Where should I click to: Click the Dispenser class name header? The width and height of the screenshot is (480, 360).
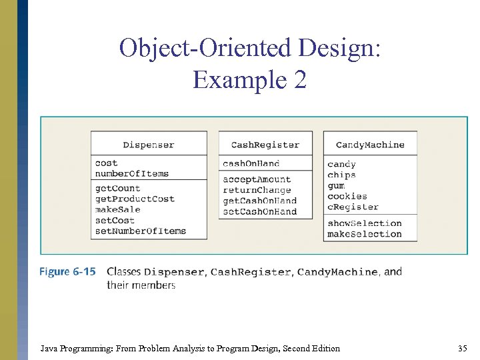click(x=149, y=145)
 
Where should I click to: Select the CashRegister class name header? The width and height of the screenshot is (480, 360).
click(x=265, y=145)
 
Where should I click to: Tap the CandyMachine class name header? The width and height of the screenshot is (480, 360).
click(x=370, y=145)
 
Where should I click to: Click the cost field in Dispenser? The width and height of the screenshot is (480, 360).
click(x=106, y=163)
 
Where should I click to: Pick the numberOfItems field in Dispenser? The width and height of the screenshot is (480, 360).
click(x=131, y=173)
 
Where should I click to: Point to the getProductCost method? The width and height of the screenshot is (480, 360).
click(x=135, y=199)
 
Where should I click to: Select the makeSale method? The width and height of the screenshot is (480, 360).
click(x=117, y=209)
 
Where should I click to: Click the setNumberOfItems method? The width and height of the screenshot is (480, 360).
click(x=140, y=231)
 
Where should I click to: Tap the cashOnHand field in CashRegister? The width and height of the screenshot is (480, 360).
click(x=251, y=163)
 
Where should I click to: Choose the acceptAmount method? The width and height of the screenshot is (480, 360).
click(x=257, y=179)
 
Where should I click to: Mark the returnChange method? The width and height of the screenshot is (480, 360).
click(x=257, y=190)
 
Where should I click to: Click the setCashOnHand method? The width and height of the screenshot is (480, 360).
click(x=259, y=211)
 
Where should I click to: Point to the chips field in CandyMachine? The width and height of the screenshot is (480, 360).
click(x=341, y=175)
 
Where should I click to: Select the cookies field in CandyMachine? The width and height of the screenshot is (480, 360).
click(x=347, y=196)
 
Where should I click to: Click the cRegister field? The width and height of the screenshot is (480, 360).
click(x=352, y=207)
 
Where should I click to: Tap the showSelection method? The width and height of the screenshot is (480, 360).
click(x=364, y=223)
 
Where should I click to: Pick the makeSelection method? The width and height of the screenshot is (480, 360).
click(x=364, y=234)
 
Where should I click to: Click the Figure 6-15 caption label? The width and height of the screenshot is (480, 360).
click(x=67, y=272)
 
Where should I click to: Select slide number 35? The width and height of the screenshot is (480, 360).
click(x=463, y=348)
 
